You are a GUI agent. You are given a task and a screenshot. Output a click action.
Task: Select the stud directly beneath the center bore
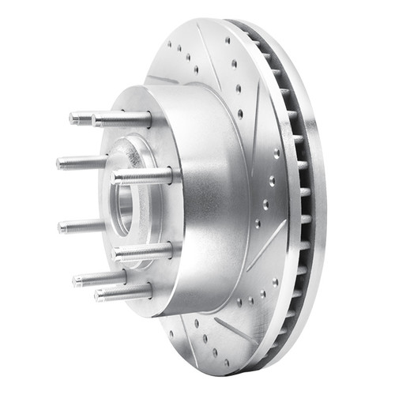142,253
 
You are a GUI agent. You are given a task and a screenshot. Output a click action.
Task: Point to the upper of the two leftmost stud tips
61,164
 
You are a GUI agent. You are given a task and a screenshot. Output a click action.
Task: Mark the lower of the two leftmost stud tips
62,227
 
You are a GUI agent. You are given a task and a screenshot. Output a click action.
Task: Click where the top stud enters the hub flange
150,119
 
